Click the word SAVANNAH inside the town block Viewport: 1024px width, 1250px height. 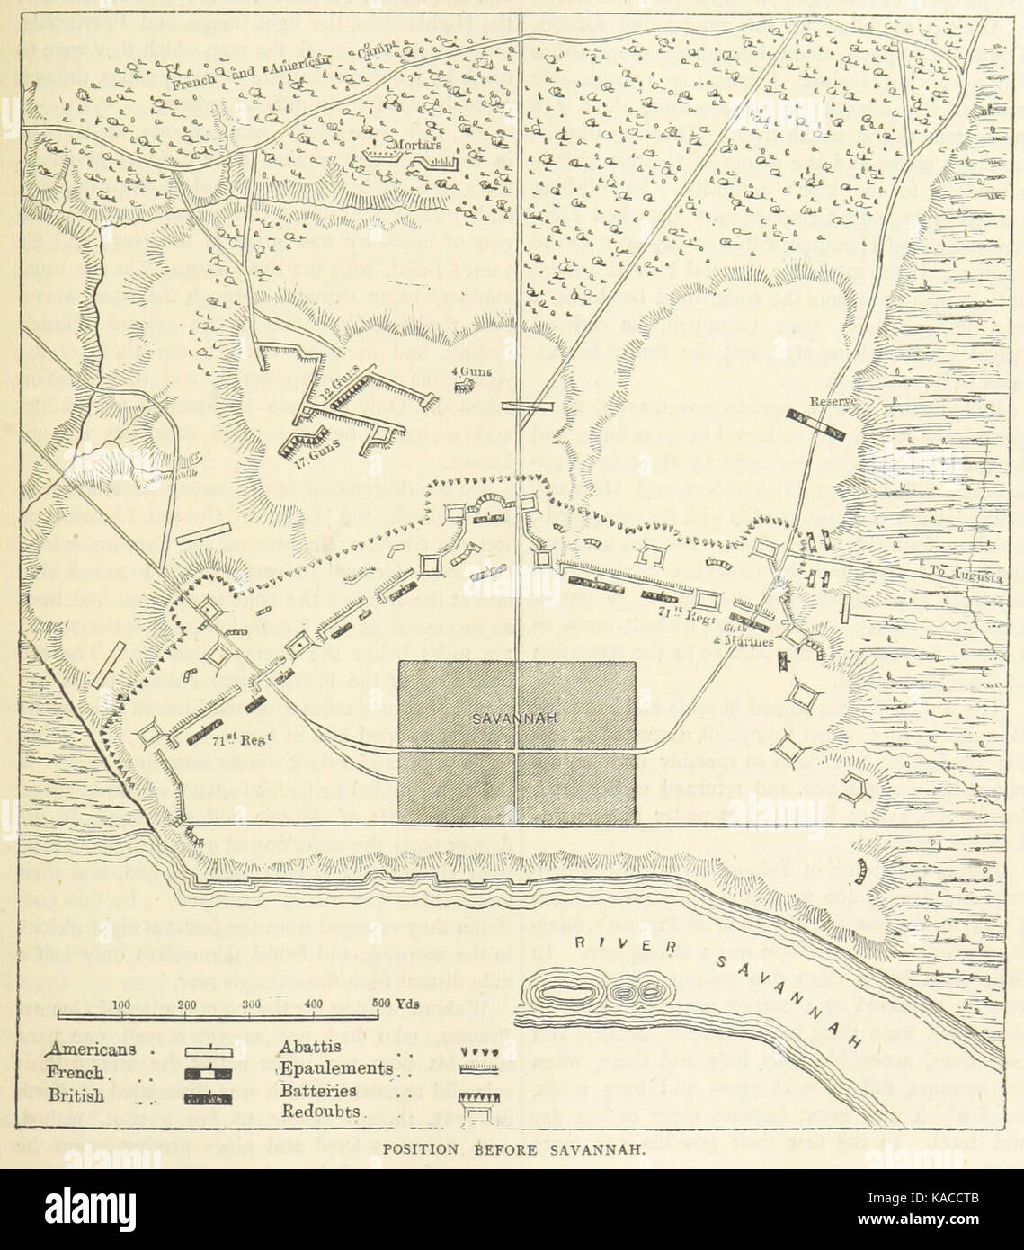click(517, 717)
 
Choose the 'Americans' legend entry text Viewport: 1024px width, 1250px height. click(93, 1049)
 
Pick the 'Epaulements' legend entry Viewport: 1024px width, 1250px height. click(335, 1068)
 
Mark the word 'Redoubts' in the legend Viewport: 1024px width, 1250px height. click(320, 1112)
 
